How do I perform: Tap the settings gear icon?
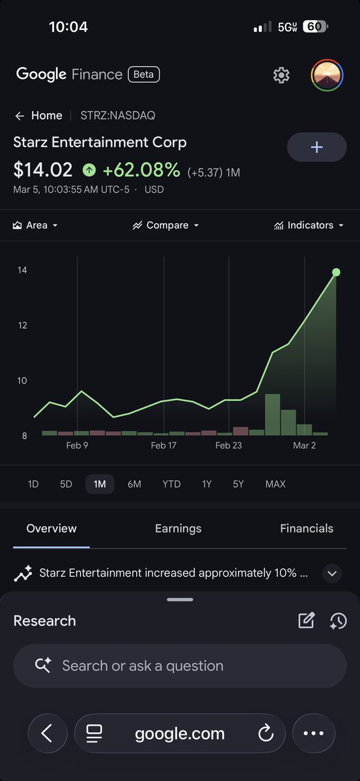coord(281,75)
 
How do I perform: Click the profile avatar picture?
coord(327,75)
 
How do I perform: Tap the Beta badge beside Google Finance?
coord(144,74)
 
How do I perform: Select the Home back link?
coord(39,116)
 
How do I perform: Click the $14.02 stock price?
coord(43,170)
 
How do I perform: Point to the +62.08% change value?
coord(141,170)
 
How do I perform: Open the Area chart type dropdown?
coord(36,225)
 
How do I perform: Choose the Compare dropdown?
coord(166,225)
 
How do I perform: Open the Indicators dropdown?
coord(309,225)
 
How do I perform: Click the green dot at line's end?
coord(336,272)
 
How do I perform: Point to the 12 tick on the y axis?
coord(22,325)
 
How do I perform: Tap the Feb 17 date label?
coord(163,446)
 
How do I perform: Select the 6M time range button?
coord(134,484)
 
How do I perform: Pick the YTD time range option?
coord(171,484)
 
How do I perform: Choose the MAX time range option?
coord(275,484)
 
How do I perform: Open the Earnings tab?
coord(178,528)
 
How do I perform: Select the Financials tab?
coord(307,528)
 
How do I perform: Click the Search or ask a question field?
coord(180,666)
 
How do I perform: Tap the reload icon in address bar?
coord(265,734)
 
